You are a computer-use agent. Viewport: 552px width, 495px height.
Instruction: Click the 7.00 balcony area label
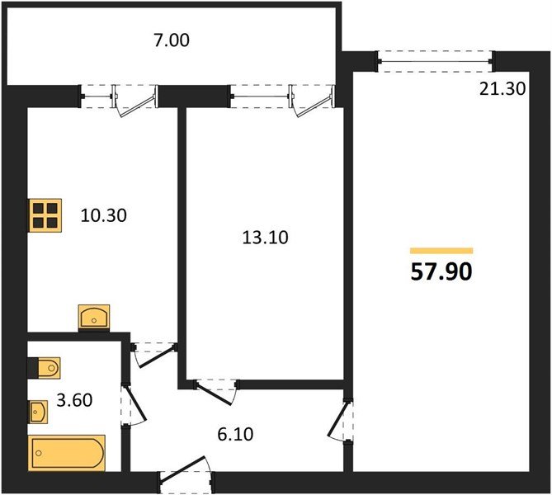[172, 40]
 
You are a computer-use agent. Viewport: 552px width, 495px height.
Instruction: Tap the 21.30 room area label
[502, 89]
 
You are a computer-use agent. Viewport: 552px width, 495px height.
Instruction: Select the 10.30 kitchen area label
[103, 215]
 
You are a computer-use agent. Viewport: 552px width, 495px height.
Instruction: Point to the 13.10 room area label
[266, 238]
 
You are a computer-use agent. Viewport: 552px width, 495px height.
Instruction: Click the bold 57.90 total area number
[441, 272]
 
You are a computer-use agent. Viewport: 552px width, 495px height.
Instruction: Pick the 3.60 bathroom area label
[74, 400]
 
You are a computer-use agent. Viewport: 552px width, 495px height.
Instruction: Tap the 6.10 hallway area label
[235, 434]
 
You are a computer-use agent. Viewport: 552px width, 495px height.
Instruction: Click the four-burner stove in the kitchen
[45, 215]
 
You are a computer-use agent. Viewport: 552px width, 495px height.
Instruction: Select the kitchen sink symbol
[94, 317]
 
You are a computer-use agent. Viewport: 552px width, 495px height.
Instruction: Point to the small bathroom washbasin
[39, 412]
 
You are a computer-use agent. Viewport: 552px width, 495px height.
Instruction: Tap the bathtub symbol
[67, 453]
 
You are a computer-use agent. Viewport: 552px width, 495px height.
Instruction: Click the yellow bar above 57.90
[441, 251]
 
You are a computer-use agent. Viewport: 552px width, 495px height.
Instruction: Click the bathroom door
[134, 405]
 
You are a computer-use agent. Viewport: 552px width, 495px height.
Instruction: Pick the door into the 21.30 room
[340, 420]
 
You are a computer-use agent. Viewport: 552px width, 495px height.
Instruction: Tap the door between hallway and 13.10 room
[216, 392]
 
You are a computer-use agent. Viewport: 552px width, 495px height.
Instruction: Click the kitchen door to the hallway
[153, 355]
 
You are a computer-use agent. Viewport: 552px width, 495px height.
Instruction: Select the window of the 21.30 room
[436, 62]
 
